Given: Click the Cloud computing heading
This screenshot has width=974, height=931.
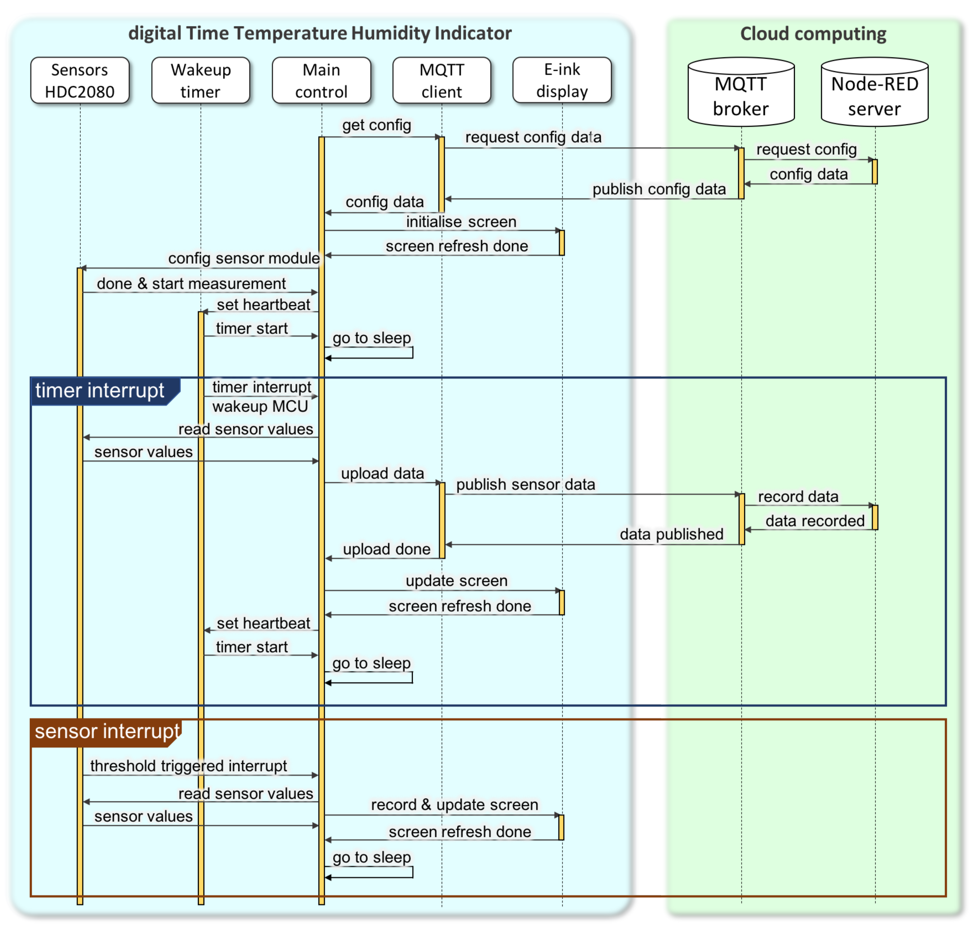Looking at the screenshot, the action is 813,34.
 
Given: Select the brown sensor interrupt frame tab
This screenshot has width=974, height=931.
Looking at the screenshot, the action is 106,732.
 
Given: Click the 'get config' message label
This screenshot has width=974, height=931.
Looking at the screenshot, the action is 376,125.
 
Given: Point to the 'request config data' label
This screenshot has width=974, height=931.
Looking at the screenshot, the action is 533,137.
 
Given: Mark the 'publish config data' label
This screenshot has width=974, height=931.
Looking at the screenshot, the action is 659,189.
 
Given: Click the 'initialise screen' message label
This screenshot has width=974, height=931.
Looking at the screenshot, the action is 461,221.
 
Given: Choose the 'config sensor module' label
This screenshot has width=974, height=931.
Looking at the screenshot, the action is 244,258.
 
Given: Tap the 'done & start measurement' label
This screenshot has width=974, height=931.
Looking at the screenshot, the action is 191,283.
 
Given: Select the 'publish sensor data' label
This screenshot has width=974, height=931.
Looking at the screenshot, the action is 525,484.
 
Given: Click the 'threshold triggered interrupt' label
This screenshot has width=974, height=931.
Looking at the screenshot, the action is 189,766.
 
